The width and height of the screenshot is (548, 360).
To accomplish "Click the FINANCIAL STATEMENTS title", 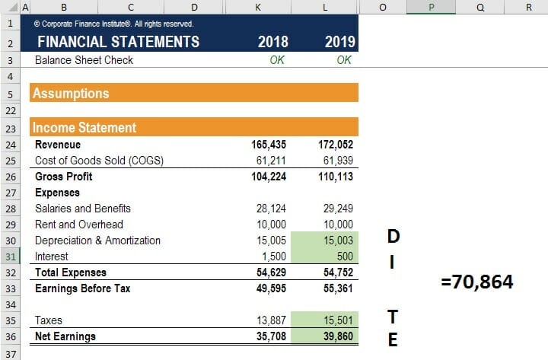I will (118, 42).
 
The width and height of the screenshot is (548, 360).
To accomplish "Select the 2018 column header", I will (273, 42).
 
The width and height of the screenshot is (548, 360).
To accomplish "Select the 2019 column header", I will (339, 42).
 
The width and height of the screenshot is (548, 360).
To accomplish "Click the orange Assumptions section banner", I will (194, 94).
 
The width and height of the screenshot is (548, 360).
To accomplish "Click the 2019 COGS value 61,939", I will (336, 161).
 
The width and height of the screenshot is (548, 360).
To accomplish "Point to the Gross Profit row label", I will (64, 177).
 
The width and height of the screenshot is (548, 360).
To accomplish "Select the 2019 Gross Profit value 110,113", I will (333, 177).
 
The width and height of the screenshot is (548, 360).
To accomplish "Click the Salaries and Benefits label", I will (83, 209).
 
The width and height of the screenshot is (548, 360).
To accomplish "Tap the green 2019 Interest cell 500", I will (343, 256).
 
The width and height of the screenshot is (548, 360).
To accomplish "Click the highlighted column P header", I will (432, 7).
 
